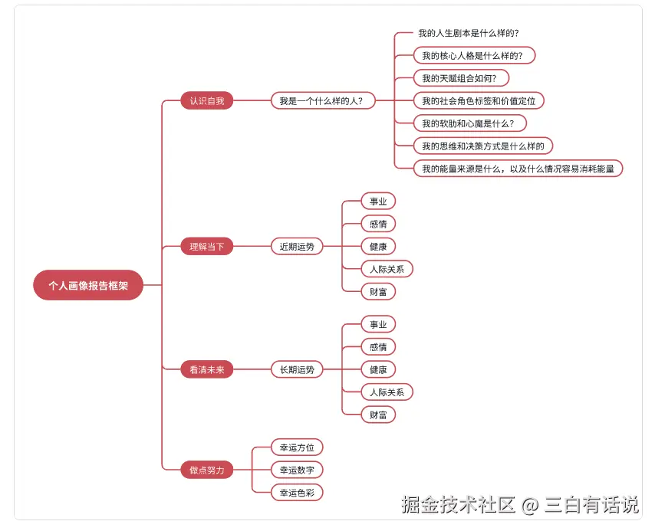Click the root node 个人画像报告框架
(x=88, y=285)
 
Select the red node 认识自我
(x=207, y=100)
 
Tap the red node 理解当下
(x=207, y=247)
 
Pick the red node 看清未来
(x=207, y=369)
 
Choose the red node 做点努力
(x=207, y=470)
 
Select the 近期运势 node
(x=297, y=247)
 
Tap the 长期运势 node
(x=297, y=369)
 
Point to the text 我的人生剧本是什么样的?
(x=469, y=33)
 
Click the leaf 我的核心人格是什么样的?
(x=473, y=55)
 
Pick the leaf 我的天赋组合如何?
(x=465, y=78)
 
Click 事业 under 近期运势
(x=378, y=202)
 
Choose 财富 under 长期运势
(x=378, y=415)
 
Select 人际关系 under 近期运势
(x=387, y=269)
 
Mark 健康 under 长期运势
(x=378, y=369)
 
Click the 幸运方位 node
(x=297, y=447)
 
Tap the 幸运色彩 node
(x=297, y=493)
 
